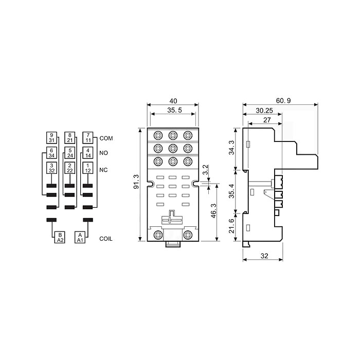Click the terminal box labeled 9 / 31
click(x=51, y=137)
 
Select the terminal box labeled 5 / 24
click(x=70, y=153)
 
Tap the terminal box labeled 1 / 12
click(x=88, y=168)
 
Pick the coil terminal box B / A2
click(x=60, y=237)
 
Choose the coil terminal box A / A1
click(x=80, y=237)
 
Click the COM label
click(x=106, y=138)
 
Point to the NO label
click(x=103, y=153)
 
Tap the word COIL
click(x=106, y=239)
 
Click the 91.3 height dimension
click(x=136, y=182)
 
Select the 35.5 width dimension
click(x=174, y=111)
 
